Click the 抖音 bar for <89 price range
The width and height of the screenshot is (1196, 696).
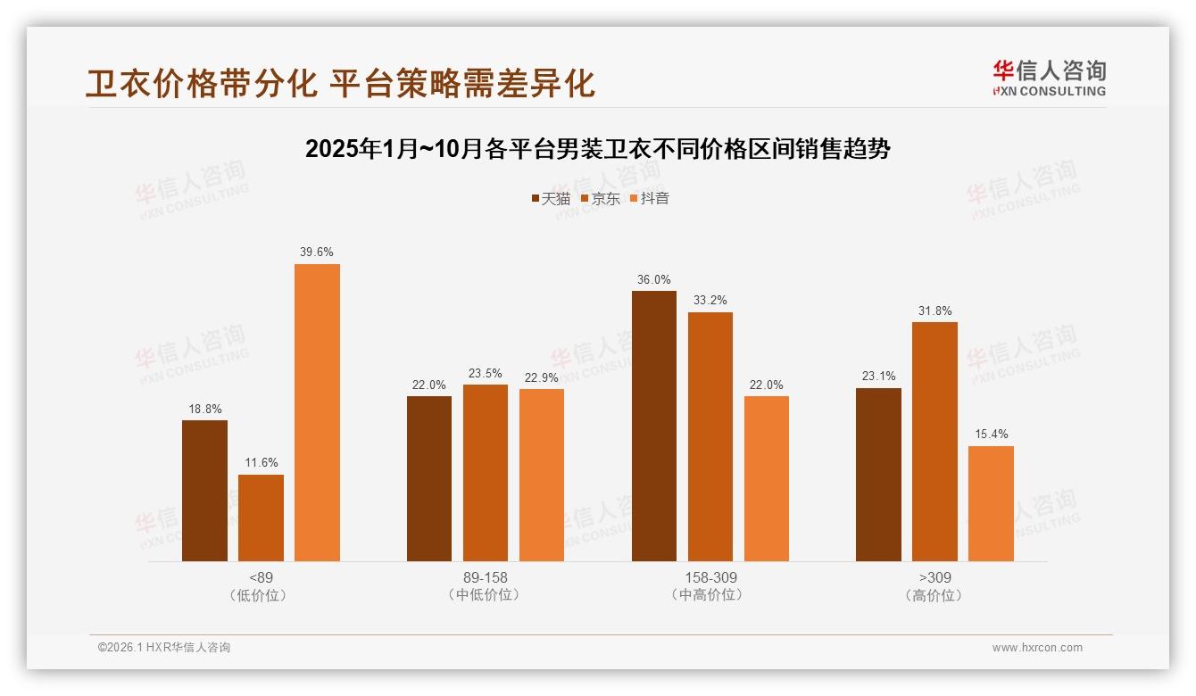pyautogui.click(x=317, y=412)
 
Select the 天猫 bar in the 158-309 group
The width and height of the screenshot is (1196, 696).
pyautogui.click(x=654, y=426)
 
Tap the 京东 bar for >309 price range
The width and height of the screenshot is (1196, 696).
pyautogui.click(x=934, y=442)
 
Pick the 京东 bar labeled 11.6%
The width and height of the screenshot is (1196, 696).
pyautogui.click(x=261, y=518)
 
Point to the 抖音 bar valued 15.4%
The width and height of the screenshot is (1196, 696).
pyautogui.click(x=991, y=503)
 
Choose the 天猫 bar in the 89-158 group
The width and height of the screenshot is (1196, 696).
pyautogui.click(x=429, y=478)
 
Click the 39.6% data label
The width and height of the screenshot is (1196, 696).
pyautogui.click(x=317, y=253)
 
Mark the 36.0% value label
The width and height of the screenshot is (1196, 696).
pyautogui.click(x=654, y=279)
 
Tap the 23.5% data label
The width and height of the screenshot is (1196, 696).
pyautogui.click(x=486, y=373)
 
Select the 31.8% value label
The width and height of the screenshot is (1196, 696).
pyautogui.click(x=934, y=311)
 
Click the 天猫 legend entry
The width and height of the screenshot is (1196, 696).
pyautogui.click(x=551, y=198)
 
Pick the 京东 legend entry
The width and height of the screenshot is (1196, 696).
pyautogui.click(x=601, y=198)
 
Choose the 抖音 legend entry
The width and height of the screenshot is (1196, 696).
pyautogui.click(x=650, y=198)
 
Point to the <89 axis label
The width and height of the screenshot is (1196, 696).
pyautogui.click(x=261, y=577)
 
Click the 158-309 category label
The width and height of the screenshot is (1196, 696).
pyautogui.click(x=710, y=577)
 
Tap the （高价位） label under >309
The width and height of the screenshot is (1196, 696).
pyautogui.click(x=934, y=595)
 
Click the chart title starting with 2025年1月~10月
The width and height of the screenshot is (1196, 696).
pyautogui.click(x=598, y=149)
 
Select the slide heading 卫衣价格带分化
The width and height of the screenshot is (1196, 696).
pyautogui.click(x=340, y=83)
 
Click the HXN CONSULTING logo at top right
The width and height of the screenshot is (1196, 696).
pyautogui.click(x=1049, y=78)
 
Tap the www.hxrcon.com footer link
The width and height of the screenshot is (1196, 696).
pyautogui.click(x=1037, y=648)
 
